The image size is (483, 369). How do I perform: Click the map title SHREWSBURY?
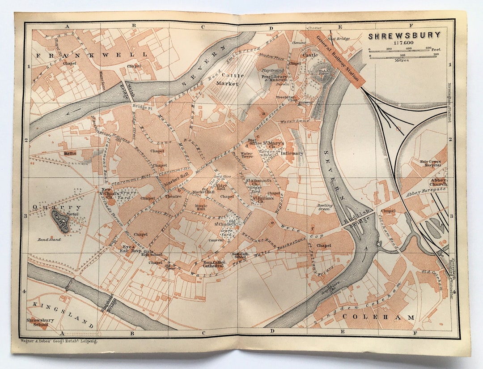tap(404, 35)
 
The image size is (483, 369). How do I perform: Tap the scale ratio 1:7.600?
tap(403, 43)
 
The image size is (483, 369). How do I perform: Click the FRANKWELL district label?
tap(92, 55)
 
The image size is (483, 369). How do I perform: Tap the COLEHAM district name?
tap(378, 317)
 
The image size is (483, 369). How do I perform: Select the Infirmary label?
tap(292, 153)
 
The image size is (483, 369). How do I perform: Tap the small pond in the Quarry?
tap(60, 222)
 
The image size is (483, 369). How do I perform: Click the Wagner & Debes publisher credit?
tap(59, 341)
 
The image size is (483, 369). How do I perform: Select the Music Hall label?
tap(200, 207)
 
